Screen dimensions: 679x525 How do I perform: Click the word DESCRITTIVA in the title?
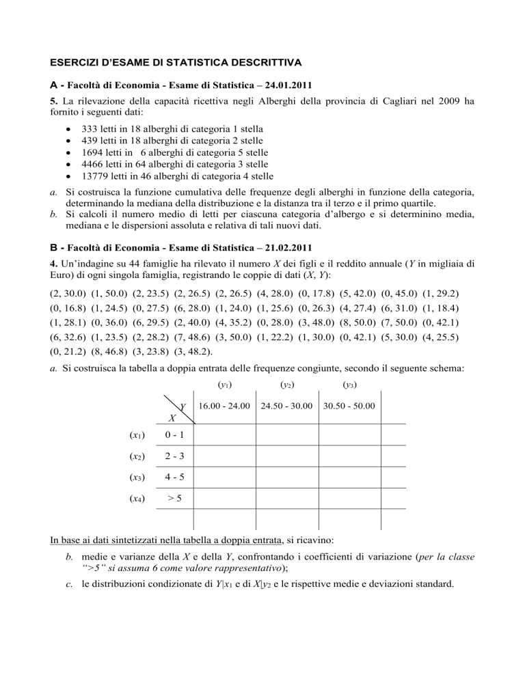pos(255,64)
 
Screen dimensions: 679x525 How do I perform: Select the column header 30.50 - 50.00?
pos(349,406)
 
